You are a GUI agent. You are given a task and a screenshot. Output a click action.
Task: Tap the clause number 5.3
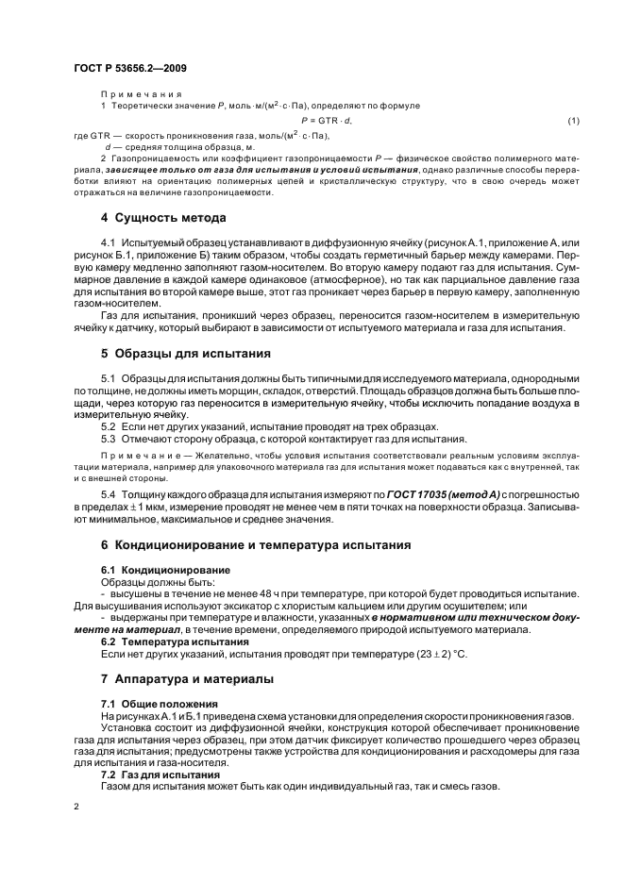point(109,439)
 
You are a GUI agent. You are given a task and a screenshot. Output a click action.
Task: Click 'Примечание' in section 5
point(137,455)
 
